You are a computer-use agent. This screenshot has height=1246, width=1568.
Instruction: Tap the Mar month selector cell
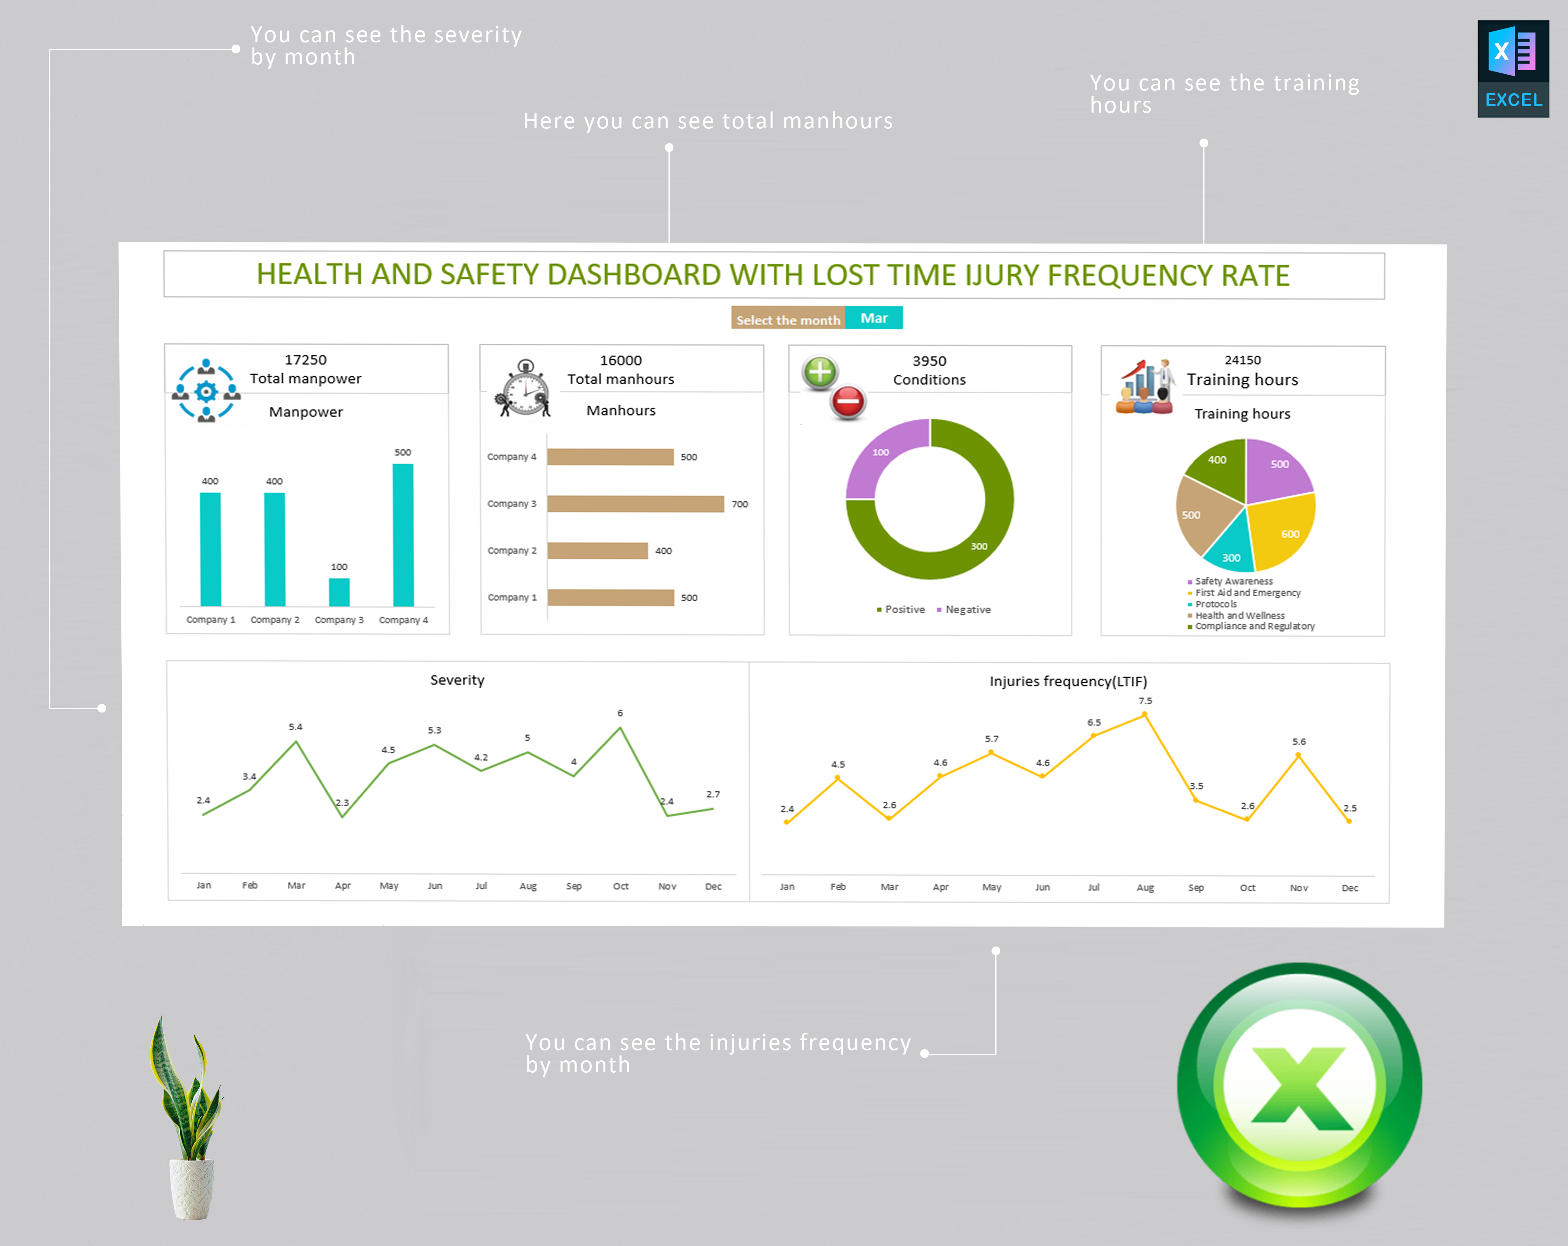(x=874, y=318)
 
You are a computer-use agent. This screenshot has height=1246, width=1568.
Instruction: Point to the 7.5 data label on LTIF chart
(x=1145, y=701)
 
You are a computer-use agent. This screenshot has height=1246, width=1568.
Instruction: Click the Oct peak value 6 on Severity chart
(x=620, y=713)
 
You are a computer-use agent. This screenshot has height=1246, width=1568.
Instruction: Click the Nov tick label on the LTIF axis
(x=1298, y=887)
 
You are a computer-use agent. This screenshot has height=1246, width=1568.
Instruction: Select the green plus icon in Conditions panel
(x=819, y=372)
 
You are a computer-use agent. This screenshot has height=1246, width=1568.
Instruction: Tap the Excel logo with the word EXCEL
(x=1513, y=69)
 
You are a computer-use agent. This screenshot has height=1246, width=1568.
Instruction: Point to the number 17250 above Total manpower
(x=305, y=359)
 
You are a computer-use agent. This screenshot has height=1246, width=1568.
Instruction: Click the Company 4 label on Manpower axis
(x=403, y=620)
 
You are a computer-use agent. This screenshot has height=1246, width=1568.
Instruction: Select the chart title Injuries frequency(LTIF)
(x=1067, y=681)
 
